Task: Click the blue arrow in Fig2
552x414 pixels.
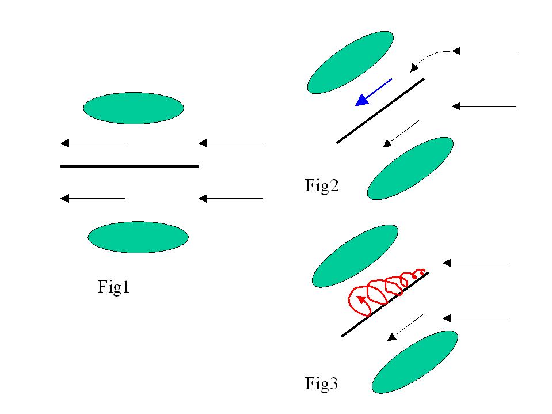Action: coord(374,92)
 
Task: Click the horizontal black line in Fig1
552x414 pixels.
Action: coord(130,166)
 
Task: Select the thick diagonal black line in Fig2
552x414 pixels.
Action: coord(380,111)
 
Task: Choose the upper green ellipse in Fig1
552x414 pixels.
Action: coord(134,108)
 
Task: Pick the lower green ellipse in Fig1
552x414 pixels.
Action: coord(138,237)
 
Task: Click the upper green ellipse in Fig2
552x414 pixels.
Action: coord(351,62)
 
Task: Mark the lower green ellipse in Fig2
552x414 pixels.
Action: coord(410,168)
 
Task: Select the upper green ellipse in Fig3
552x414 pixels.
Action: coord(355,256)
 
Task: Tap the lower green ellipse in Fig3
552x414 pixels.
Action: coord(415,362)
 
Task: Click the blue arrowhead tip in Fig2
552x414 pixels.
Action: coord(357,105)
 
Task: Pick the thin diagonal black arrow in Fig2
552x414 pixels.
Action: coord(402,133)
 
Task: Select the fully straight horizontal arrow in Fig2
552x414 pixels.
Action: coord(484,106)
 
